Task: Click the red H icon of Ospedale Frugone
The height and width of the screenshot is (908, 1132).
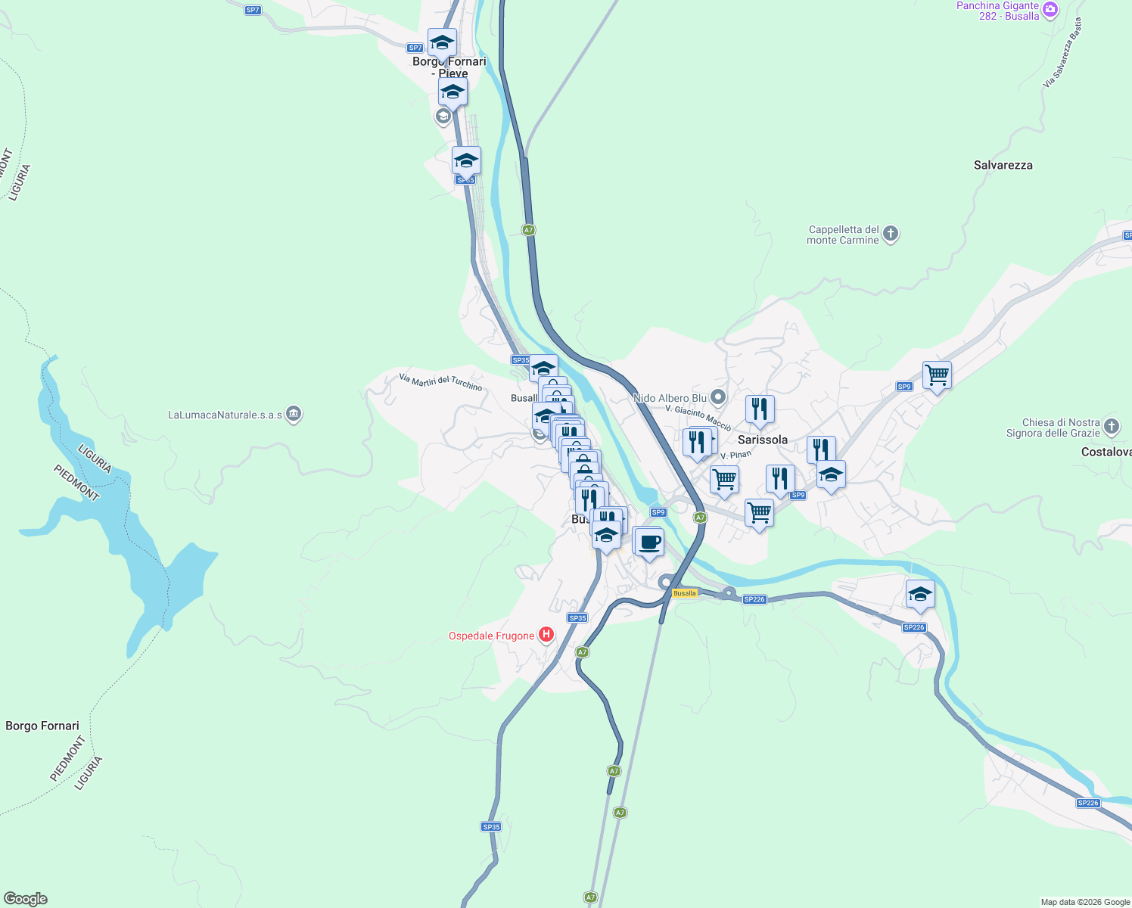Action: (x=546, y=636)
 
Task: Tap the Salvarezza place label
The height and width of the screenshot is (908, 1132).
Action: (x=1003, y=165)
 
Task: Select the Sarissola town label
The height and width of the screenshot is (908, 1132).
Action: (x=762, y=440)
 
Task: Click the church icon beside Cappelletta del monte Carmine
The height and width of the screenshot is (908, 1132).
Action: (x=891, y=234)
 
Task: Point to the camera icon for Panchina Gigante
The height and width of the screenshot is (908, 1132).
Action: (x=1050, y=10)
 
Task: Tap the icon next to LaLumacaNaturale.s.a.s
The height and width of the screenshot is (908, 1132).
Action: (x=294, y=415)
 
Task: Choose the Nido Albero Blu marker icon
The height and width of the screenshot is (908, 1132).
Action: (x=718, y=397)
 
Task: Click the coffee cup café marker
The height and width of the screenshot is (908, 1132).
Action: (x=648, y=543)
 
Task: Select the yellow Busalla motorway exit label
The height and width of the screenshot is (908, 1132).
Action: (x=684, y=593)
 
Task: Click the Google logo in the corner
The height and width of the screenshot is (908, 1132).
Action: (x=26, y=899)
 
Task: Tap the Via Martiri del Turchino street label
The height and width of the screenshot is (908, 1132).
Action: (x=440, y=382)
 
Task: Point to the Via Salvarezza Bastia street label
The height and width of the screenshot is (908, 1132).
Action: (x=1062, y=53)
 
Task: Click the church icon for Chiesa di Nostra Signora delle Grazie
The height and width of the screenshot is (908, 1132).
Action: (x=1111, y=427)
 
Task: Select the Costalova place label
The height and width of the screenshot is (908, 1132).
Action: (x=1106, y=452)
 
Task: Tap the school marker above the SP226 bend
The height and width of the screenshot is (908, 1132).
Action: (x=920, y=594)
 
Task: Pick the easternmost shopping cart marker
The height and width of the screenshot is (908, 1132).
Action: (x=937, y=375)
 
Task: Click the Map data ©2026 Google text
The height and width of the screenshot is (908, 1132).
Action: (x=1084, y=902)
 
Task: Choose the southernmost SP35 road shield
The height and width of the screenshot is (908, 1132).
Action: (x=491, y=827)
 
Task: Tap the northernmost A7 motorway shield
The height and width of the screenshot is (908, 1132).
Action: (x=528, y=230)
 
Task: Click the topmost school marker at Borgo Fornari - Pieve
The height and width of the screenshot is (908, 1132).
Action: (x=441, y=42)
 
